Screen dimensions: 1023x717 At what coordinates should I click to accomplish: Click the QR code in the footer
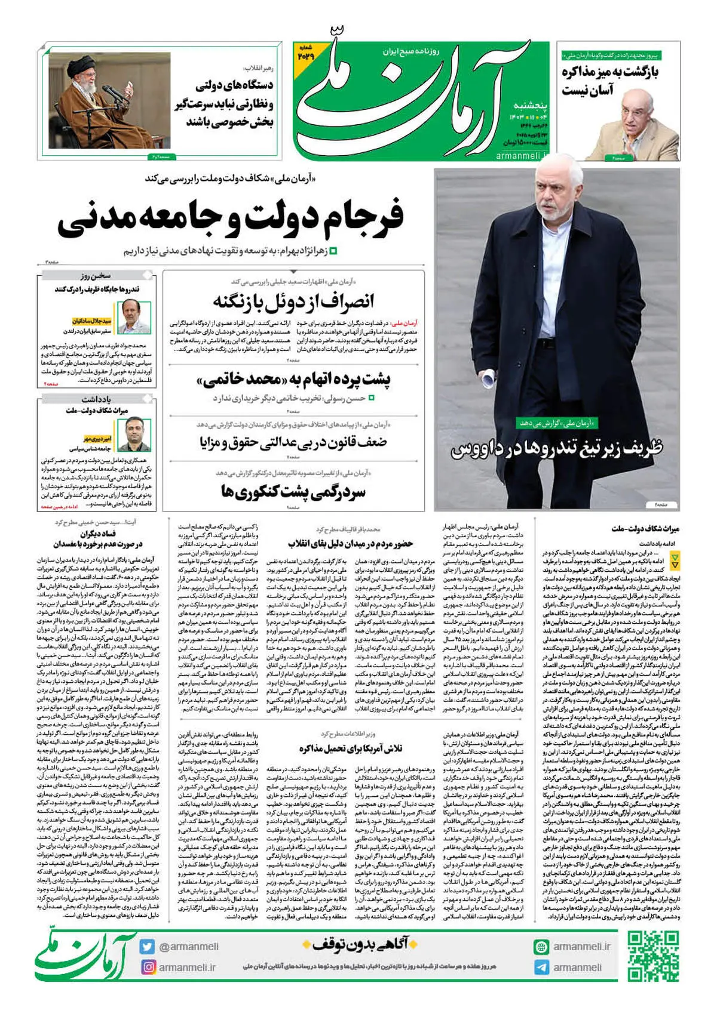click(x=652, y=957)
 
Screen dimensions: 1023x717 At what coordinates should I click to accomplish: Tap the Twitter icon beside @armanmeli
click(x=147, y=947)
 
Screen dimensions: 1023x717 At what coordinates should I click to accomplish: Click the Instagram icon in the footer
click(x=147, y=966)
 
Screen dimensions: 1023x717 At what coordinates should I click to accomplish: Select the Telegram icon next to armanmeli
click(x=541, y=967)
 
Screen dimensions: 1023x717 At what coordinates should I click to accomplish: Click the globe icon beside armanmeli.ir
click(x=541, y=947)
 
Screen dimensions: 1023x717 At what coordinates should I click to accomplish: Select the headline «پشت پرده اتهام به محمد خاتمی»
click(x=293, y=380)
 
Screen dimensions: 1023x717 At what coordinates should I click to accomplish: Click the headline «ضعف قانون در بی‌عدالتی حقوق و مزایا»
click(x=293, y=442)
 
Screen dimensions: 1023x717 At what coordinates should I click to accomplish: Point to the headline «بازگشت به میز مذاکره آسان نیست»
click(x=609, y=81)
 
